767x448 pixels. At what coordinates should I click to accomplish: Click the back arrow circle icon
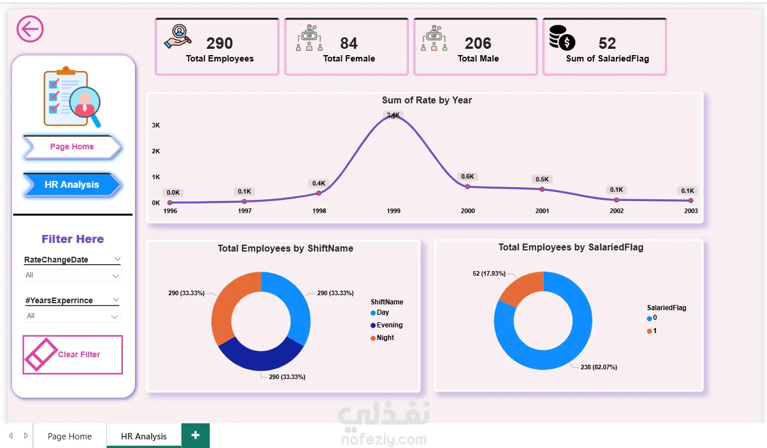[x=30, y=29]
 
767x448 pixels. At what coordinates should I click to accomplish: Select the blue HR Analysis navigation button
[x=72, y=185]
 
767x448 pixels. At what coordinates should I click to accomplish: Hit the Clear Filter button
[x=72, y=354]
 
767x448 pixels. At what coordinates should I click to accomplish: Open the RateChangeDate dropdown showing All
[x=72, y=276]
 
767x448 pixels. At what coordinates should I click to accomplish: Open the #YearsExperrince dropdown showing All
[x=72, y=316]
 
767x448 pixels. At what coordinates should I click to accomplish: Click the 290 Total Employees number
[x=219, y=44]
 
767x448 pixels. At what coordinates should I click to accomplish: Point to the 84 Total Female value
[x=349, y=44]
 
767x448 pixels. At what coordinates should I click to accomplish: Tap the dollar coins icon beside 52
[x=561, y=38]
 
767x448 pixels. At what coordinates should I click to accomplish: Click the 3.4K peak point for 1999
[x=393, y=115]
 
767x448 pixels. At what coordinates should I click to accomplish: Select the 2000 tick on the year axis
[x=468, y=211]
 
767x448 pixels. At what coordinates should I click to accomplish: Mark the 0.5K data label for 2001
[x=542, y=179]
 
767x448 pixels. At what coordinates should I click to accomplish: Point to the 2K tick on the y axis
[x=156, y=151]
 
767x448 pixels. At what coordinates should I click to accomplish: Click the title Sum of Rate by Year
[x=427, y=101]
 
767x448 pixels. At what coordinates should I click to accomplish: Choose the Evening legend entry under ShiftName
[x=389, y=325]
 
